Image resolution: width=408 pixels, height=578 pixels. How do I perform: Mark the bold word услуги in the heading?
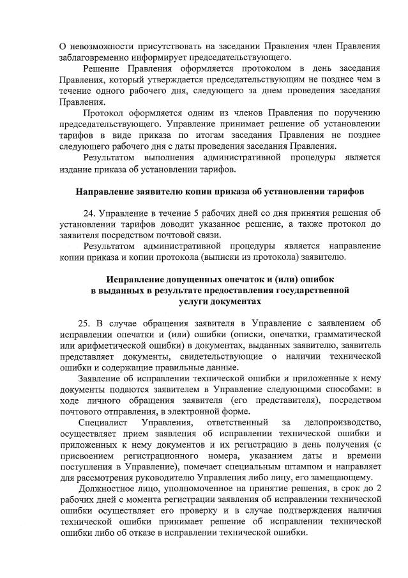185,301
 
